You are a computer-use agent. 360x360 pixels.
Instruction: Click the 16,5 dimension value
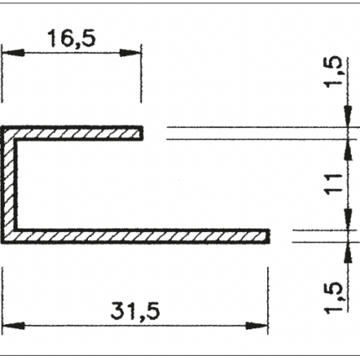coord(72,39)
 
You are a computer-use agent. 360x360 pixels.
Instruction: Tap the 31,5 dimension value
coord(136,311)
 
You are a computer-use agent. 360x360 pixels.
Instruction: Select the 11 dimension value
coord(333,183)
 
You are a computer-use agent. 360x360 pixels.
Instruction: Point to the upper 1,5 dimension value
coord(333,71)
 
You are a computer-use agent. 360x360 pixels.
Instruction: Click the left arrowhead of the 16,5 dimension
coord(13,53)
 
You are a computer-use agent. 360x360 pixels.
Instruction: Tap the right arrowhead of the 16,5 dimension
coord(130,53)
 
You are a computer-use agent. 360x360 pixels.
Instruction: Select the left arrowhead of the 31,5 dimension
coord(13,326)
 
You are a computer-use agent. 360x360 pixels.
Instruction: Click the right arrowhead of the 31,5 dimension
coord(256,326)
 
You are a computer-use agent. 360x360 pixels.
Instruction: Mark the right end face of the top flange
coord(142,133)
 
